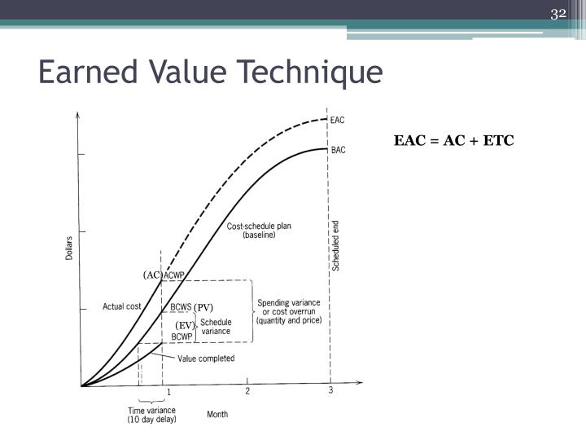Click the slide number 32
click(x=558, y=13)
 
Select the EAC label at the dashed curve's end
click(x=338, y=120)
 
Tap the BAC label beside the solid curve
click(x=338, y=150)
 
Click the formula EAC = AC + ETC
click(x=454, y=140)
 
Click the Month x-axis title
click(x=217, y=414)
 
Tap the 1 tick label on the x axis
click(x=169, y=393)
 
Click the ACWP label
click(x=174, y=275)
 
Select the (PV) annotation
click(x=203, y=307)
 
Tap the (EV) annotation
click(x=185, y=326)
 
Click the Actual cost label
click(x=122, y=306)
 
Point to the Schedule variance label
click(x=216, y=327)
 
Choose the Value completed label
click(x=206, y=359)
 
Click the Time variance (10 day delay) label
click(x=152, y=415)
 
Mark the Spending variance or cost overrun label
click(x=289, y=311)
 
